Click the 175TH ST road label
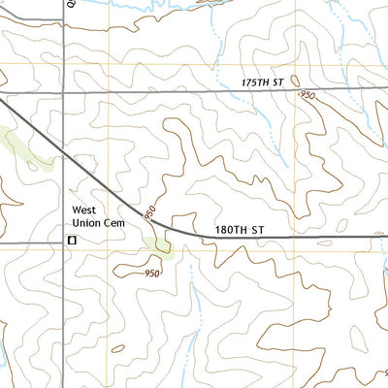tap(264, 83)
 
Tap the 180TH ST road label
tap(239, 230)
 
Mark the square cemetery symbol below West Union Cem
tap(71, 239)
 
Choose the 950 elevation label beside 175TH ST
tap(308, 95)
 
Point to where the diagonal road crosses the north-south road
tap(64, 156)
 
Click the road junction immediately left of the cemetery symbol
tap(64, 240)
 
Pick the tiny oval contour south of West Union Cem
tap(117, 348)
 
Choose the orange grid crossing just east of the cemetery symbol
tap(111, 245)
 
